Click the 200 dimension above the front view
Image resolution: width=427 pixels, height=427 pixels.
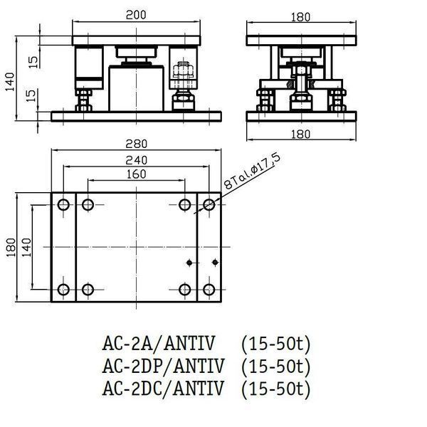(136, 15)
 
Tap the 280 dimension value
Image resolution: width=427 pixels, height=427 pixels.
(136, 144)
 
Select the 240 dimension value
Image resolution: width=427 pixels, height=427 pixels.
(136, 160)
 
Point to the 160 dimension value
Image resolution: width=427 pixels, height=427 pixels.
(136, 174)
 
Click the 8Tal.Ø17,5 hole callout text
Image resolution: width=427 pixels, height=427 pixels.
(252, 172)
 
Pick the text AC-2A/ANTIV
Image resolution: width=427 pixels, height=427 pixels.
(159, 344)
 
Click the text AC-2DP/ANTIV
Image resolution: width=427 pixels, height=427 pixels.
(163, 366)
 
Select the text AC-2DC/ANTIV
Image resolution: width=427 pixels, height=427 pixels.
(163, 388)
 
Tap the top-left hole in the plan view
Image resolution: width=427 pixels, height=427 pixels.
(63, 205)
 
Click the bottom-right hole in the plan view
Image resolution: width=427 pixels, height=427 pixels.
(209, 290)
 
